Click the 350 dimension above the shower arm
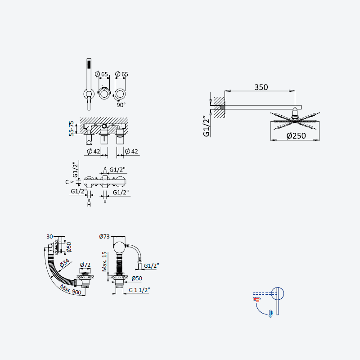(261, 87)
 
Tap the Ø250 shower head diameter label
(296, 136)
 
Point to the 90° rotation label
(121, 105)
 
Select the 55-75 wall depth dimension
(72, 129)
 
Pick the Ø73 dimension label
(104, 236)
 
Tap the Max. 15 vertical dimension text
(104, 261)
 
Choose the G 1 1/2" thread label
(139, 290)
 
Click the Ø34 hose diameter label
(64, 263)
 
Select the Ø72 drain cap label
(85, 265)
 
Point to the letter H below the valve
(89, 204)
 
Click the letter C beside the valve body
(67, 182)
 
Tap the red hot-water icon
(256, 299)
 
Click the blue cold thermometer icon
(271, 314)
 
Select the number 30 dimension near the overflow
(49, 237)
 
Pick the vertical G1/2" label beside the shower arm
(207, 126)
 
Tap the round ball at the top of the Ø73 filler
(119, 247)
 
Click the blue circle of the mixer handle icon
(278, 294)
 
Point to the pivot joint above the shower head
(295, 112)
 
